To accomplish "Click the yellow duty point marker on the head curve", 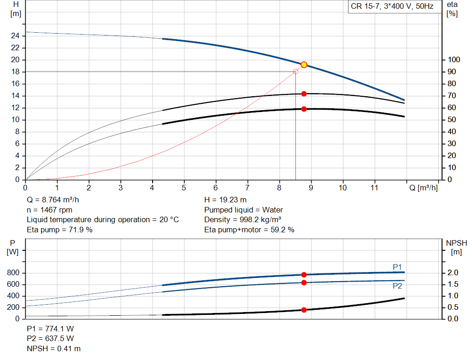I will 304,65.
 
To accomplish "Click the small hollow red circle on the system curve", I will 295,71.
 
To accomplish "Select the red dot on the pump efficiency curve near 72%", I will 304,94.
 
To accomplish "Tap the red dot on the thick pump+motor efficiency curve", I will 304,109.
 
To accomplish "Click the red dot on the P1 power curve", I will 304,275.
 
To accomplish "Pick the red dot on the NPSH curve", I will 304,310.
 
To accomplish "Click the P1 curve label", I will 397,266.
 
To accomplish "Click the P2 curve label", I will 397,286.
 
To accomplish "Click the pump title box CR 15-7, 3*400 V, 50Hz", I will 392,7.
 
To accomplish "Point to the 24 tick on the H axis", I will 15,36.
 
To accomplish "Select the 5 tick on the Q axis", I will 184,188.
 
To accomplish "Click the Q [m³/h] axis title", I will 423,188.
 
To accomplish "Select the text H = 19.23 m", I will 225,200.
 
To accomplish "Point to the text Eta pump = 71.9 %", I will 59,230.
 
